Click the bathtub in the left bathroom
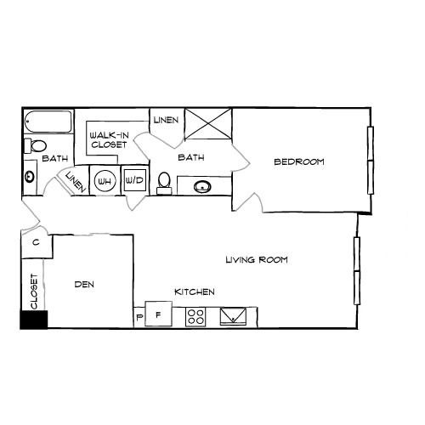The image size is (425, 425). (48, 122)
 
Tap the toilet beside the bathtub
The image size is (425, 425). (35, 146)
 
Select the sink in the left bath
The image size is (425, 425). (30, 177)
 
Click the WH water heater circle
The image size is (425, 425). (105, 181)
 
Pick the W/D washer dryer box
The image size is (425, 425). (135, 180)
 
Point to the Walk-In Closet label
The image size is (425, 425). (109, 139)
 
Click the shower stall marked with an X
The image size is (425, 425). (208, 124)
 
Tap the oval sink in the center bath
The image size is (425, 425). (202, 187)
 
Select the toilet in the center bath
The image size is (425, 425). (164, 184)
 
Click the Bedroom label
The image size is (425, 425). (299, 161)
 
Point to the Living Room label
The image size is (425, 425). (257, 259)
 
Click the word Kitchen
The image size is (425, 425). (195, 292)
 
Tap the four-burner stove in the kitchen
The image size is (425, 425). (195, 317)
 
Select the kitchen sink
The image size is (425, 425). (233, 316)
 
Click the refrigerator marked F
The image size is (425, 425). (158, 314)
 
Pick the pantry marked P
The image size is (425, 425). (139, 317)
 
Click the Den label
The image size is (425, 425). (84, 284)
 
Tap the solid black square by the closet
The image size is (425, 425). (34, 320)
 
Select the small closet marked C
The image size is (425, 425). (37, 243)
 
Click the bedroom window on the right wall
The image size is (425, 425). (371, 161)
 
